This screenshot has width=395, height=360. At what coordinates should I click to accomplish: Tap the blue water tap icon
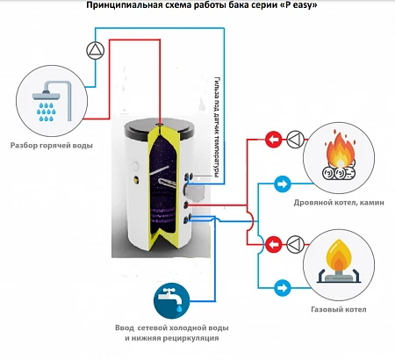[172, 300]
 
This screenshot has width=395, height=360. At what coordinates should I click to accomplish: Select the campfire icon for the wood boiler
[339, 158]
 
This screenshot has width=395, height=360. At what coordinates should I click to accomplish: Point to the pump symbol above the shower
[96, 50]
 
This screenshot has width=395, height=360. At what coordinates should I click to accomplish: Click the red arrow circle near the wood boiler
[274, 140]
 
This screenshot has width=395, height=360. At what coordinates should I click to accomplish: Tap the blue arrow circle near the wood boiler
[283, 184]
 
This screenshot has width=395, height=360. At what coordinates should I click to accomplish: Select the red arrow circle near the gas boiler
[274, 244]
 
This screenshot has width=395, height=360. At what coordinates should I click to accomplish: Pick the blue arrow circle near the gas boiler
[283, 288]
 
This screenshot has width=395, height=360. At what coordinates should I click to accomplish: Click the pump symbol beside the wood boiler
[296, 140]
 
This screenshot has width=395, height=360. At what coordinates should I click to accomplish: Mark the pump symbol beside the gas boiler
[296, 244]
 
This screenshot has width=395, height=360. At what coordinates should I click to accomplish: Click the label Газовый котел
[339, 310]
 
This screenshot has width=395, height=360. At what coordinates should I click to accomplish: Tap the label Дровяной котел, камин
[339, 203]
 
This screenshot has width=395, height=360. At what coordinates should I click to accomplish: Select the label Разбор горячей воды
[52, 146]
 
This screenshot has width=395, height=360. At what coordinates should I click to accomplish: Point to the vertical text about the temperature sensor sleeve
[217, 127]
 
